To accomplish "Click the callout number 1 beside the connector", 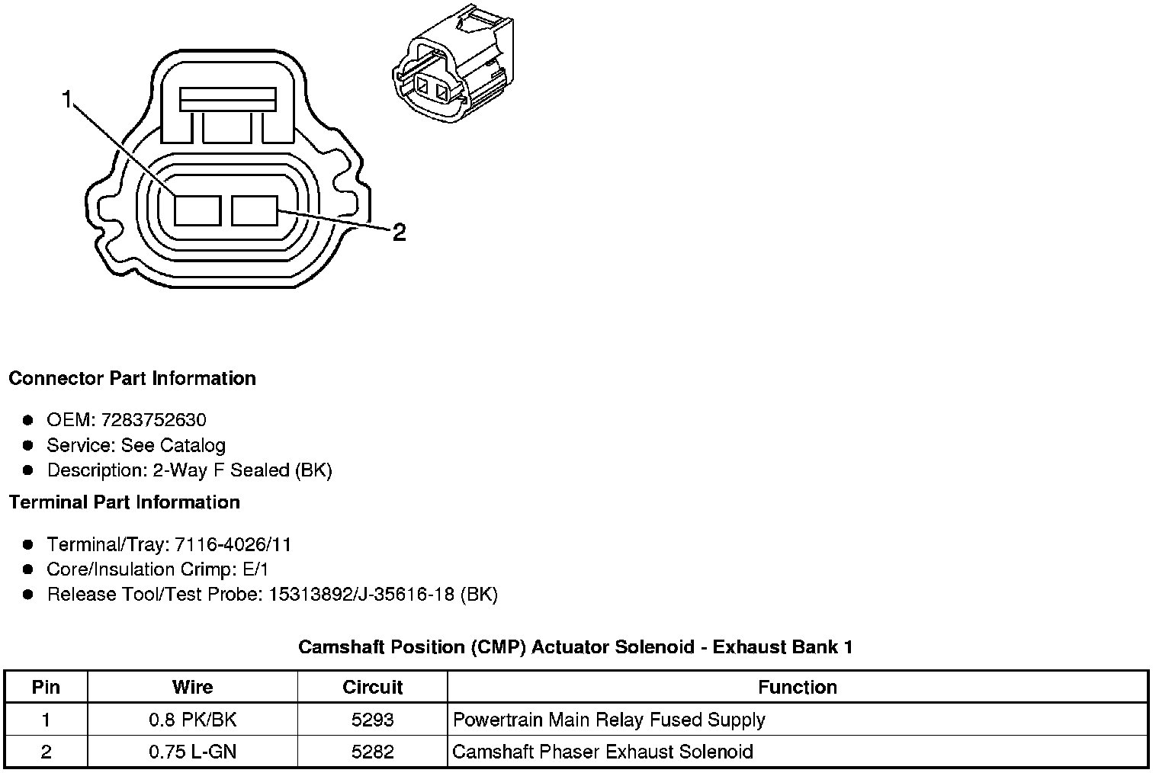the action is click(x=68, y=100).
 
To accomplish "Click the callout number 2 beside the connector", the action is click(x=399, y=233).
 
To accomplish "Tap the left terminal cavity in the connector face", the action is click(x=197, y=210).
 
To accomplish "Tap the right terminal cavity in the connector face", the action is click(x=255, y=210).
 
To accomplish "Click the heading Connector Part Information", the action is click(x=132, y=379).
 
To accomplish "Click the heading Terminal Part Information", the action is click(x=124, y=502).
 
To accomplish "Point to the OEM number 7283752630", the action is click(x=153, y=420).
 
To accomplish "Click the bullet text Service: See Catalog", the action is click(x=136, y=445).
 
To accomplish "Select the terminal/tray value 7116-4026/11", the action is click(x=233, y=544).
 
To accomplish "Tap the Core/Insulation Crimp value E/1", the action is click(x=254, y=569).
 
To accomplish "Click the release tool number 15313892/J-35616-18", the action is click(x=362, y=595).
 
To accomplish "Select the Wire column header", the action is click(x=192, y=687).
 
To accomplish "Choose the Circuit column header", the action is click(x=372, y=687).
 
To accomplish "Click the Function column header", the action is click(x=797, y=687).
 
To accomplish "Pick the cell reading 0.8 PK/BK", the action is click(x=192, y=720).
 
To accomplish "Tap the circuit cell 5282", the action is click(x=372, y=752).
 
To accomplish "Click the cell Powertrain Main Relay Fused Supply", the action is click(x=608, y=720).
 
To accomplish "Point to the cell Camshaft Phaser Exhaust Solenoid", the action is click(x=602, y=752).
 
